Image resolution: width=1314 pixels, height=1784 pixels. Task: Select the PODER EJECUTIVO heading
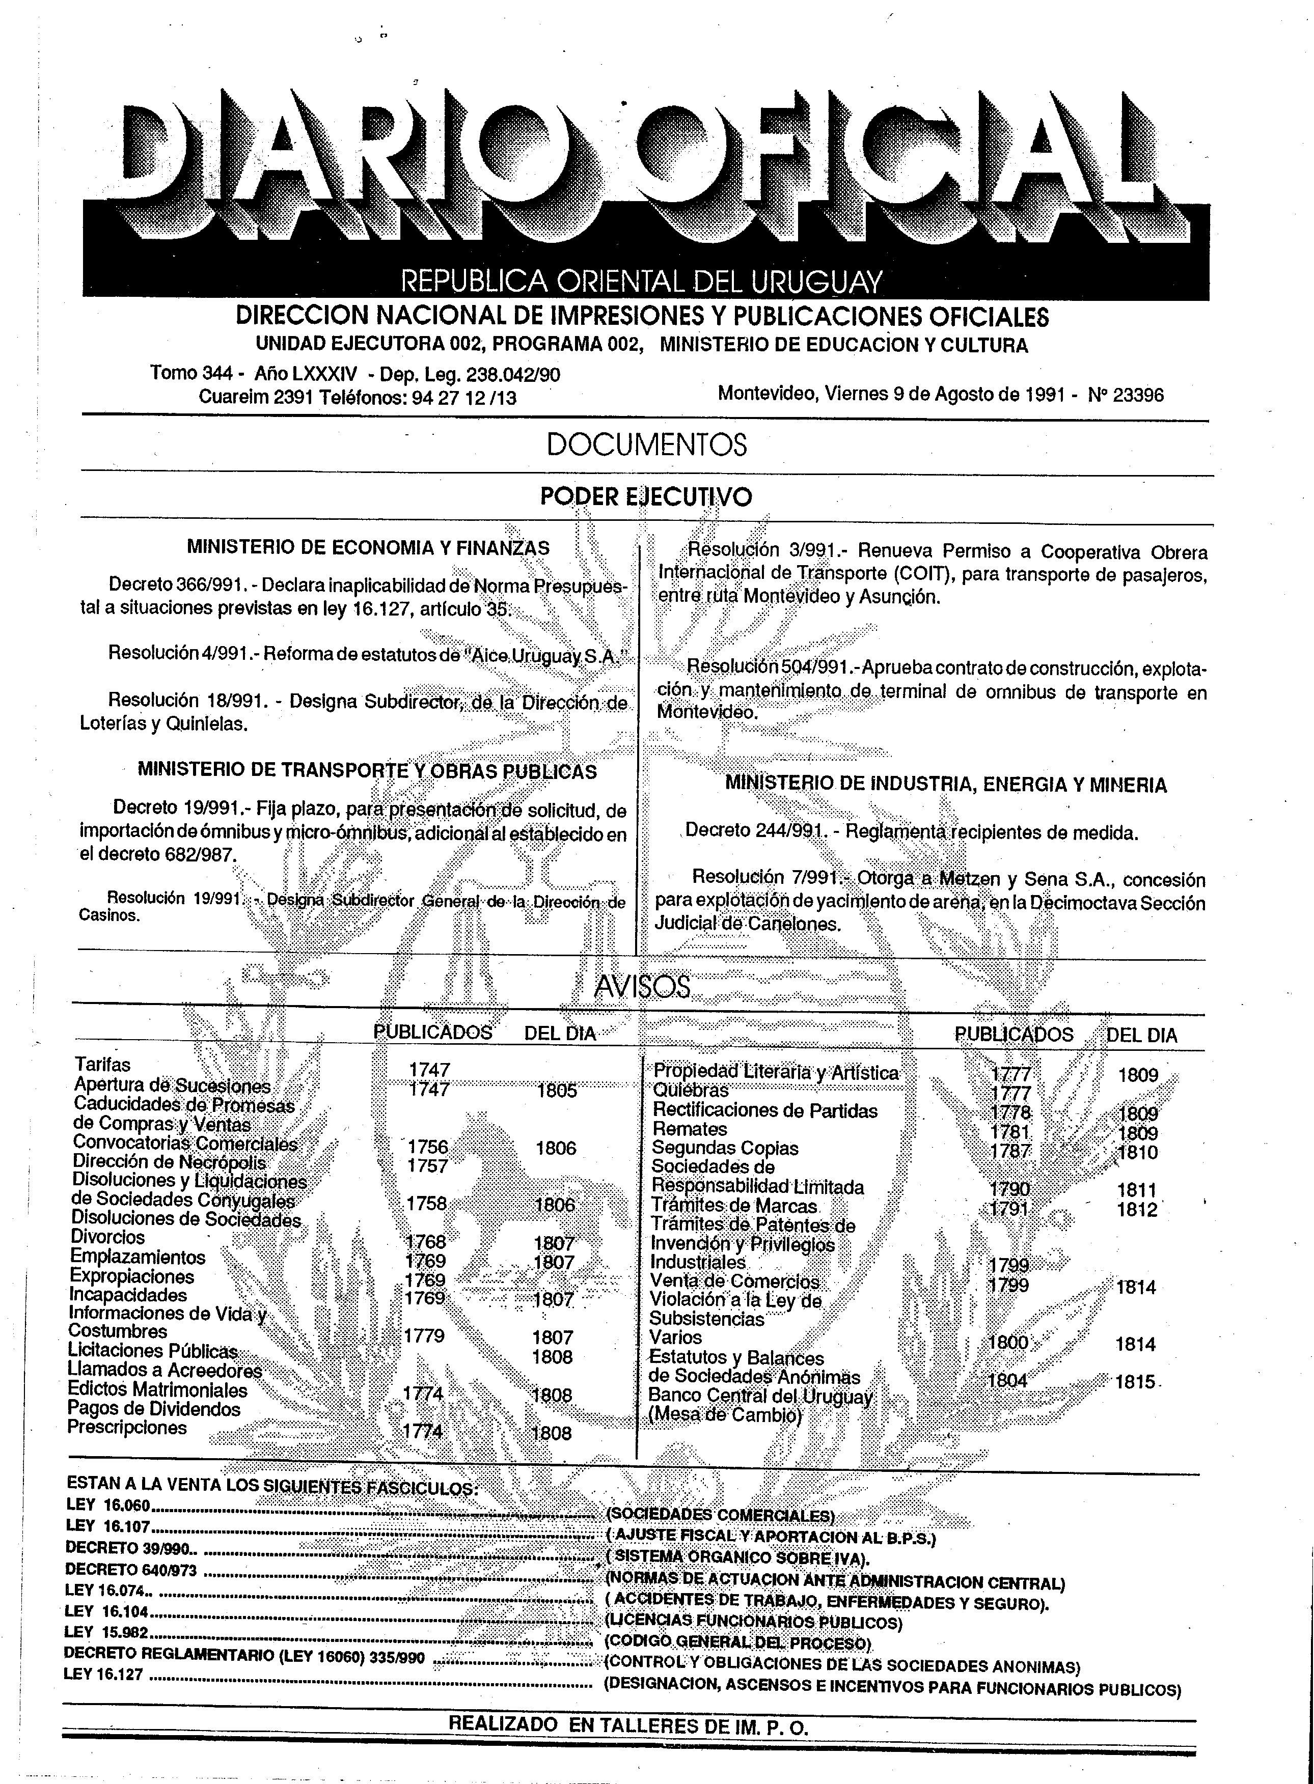[x=645, y=497]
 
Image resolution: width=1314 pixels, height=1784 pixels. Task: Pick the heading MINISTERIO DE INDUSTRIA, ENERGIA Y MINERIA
[x=946, y=785]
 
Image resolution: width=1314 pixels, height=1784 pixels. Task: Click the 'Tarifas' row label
[x=102, y=1065]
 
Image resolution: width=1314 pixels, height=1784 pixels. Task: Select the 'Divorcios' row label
[x=108, y=1238]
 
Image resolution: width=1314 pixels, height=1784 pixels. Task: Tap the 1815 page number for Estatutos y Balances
[x=1135, y=1382]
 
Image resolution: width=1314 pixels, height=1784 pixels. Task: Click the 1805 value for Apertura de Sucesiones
[x=557, y=1091]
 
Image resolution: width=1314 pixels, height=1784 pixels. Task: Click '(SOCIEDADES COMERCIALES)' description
[x=721, y=1515]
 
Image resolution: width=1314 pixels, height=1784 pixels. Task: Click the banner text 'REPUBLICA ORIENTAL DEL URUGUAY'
[x=641, y=282]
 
